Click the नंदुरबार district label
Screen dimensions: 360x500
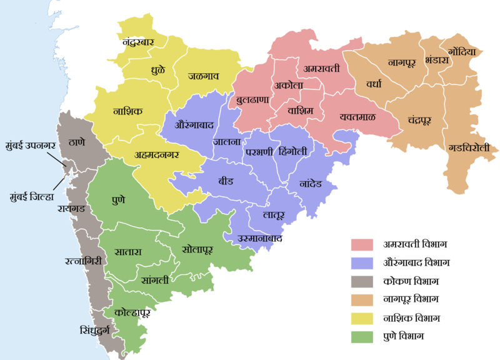[x=146, y=42]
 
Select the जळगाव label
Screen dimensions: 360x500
[x=204, y=76]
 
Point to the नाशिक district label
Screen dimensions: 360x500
[x=128, y=111]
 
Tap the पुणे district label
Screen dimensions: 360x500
[x=117, y=201]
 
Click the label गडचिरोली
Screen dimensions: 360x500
[x=473, y=148]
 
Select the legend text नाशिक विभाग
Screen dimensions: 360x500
[x=412, y=319]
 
